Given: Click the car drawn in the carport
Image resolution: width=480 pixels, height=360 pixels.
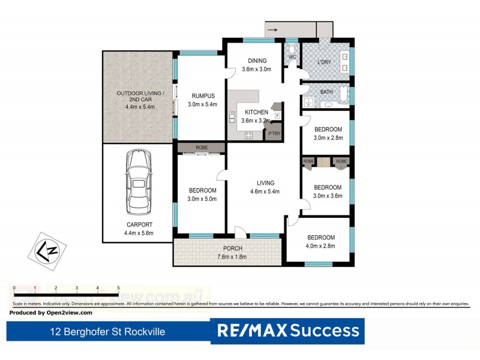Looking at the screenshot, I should (x=137, y=185).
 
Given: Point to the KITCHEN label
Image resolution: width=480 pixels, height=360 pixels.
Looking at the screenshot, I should (x=256, y=112).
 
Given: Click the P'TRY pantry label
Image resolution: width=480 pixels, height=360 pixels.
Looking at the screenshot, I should (x=274, y=133).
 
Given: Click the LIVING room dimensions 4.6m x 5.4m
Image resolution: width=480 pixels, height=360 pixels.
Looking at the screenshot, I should (x=265, y=192).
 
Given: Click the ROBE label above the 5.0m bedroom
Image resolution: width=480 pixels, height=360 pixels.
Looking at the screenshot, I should (x=201, y=147).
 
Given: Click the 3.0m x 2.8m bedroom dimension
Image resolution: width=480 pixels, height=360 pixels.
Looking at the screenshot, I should (x=328, y=137).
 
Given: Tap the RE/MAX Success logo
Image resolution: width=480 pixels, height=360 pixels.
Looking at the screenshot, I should (x=288, y=331).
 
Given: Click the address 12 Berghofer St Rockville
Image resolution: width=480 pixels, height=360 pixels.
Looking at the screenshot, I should (x=107, y=331).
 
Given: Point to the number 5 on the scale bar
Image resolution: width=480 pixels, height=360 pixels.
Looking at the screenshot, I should (x=118, y=288).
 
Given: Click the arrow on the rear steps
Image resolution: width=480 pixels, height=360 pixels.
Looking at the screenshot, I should (x=272, y=29).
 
